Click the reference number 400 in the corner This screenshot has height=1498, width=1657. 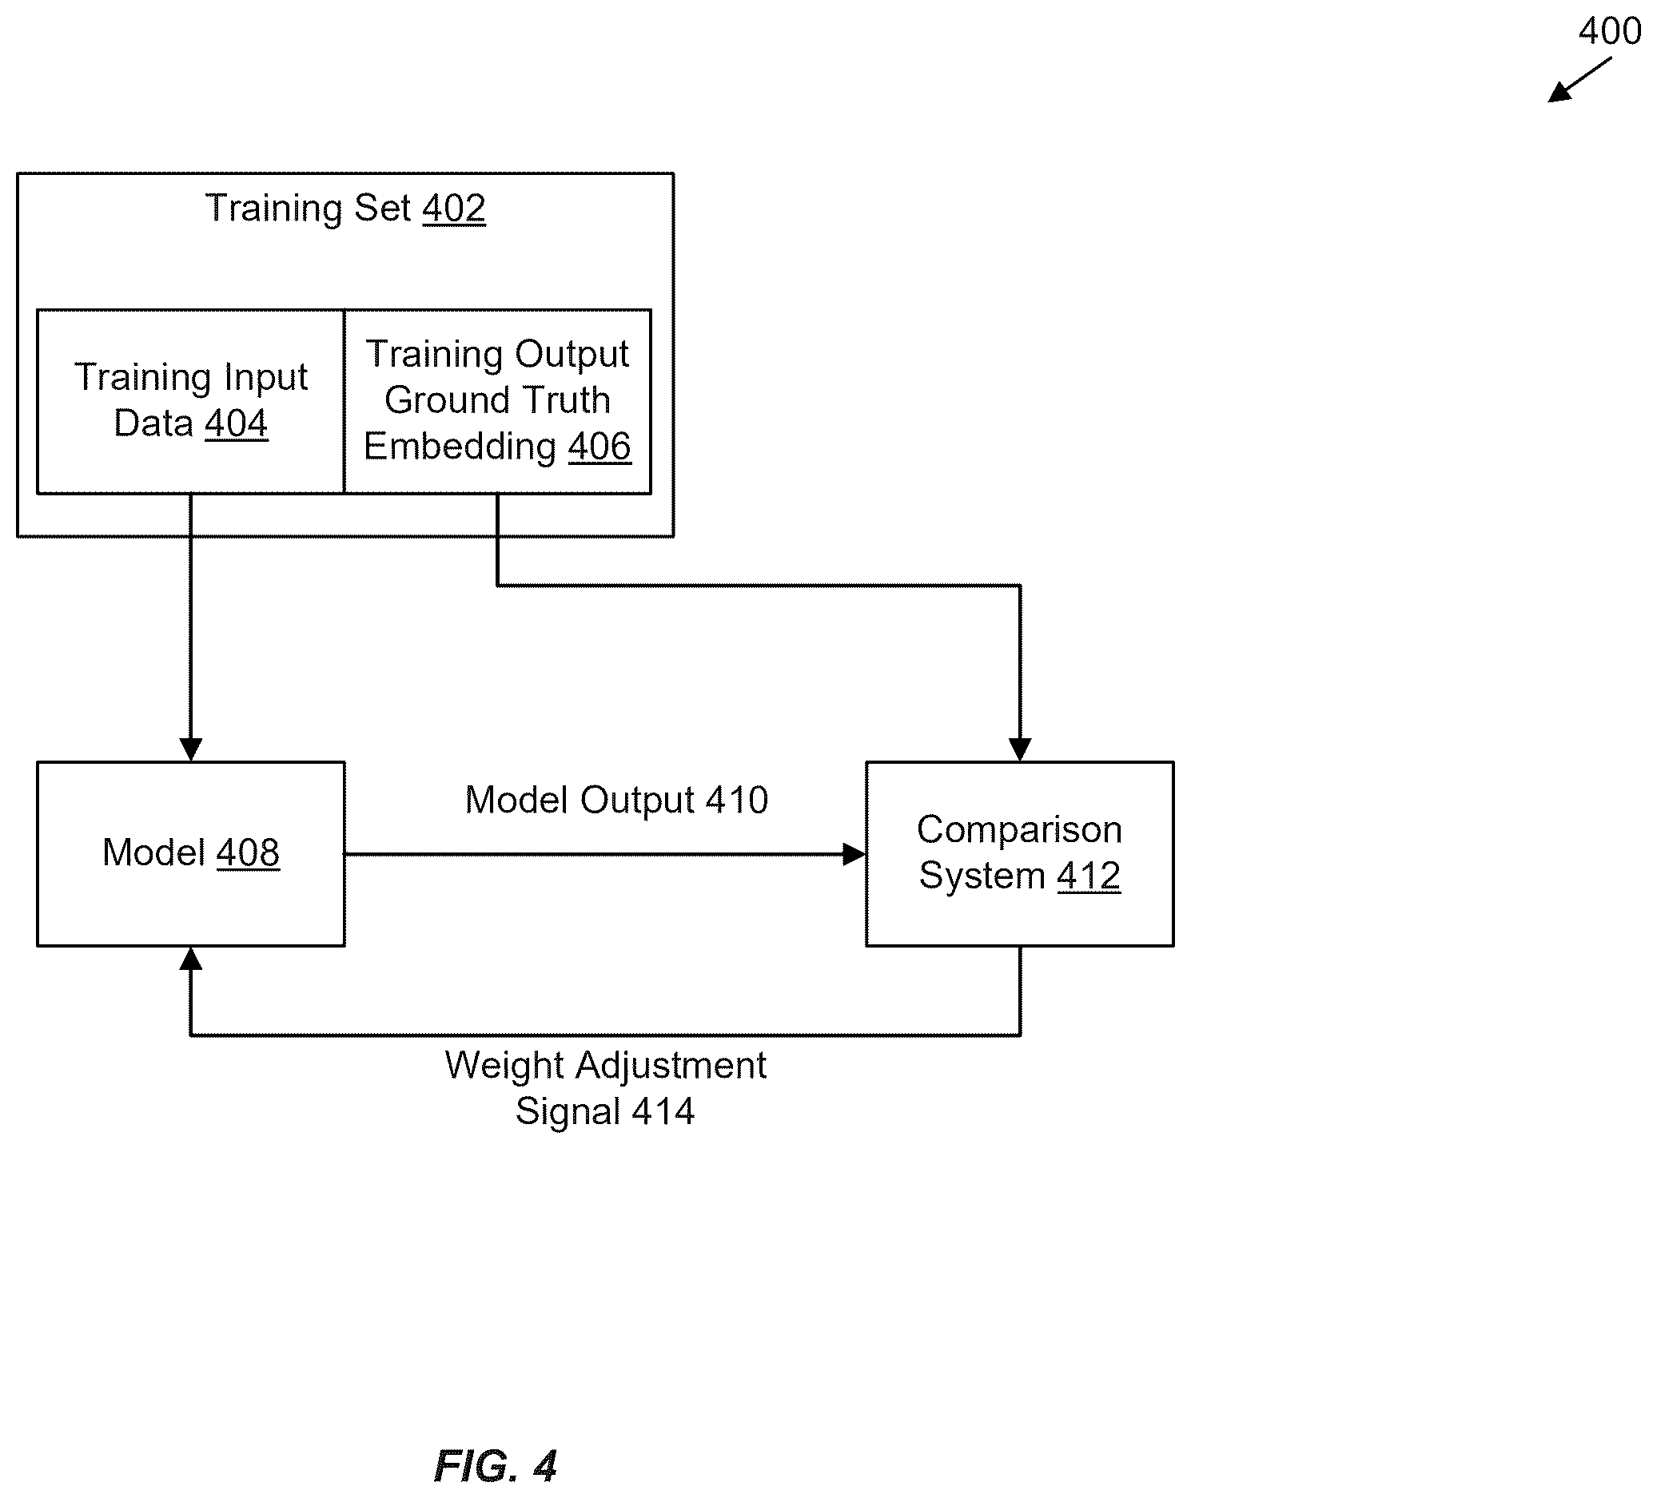pos(1609,31)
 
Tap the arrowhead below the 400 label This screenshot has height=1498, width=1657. pos(1559,91)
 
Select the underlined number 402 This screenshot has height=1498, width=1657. pos(454,208)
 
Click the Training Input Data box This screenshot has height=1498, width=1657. pos(191,402)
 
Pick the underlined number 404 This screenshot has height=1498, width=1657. pos(236,424)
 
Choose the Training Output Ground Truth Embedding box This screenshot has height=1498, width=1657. pos(497,402)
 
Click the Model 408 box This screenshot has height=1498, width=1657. pos(191,854)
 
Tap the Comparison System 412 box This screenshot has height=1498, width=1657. pos(1019,854)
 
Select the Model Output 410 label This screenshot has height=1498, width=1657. pos(616,800)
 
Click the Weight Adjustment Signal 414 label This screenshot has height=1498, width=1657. pos(606,1088)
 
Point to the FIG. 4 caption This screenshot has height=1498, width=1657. pos(496,1466)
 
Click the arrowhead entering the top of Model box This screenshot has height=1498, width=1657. pos(191,749)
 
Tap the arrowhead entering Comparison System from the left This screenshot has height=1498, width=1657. pos(854,855)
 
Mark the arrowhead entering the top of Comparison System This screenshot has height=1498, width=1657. pos(1020,749)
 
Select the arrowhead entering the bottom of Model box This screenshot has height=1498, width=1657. pos(191,958)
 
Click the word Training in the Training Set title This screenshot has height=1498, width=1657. pos(273,209)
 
